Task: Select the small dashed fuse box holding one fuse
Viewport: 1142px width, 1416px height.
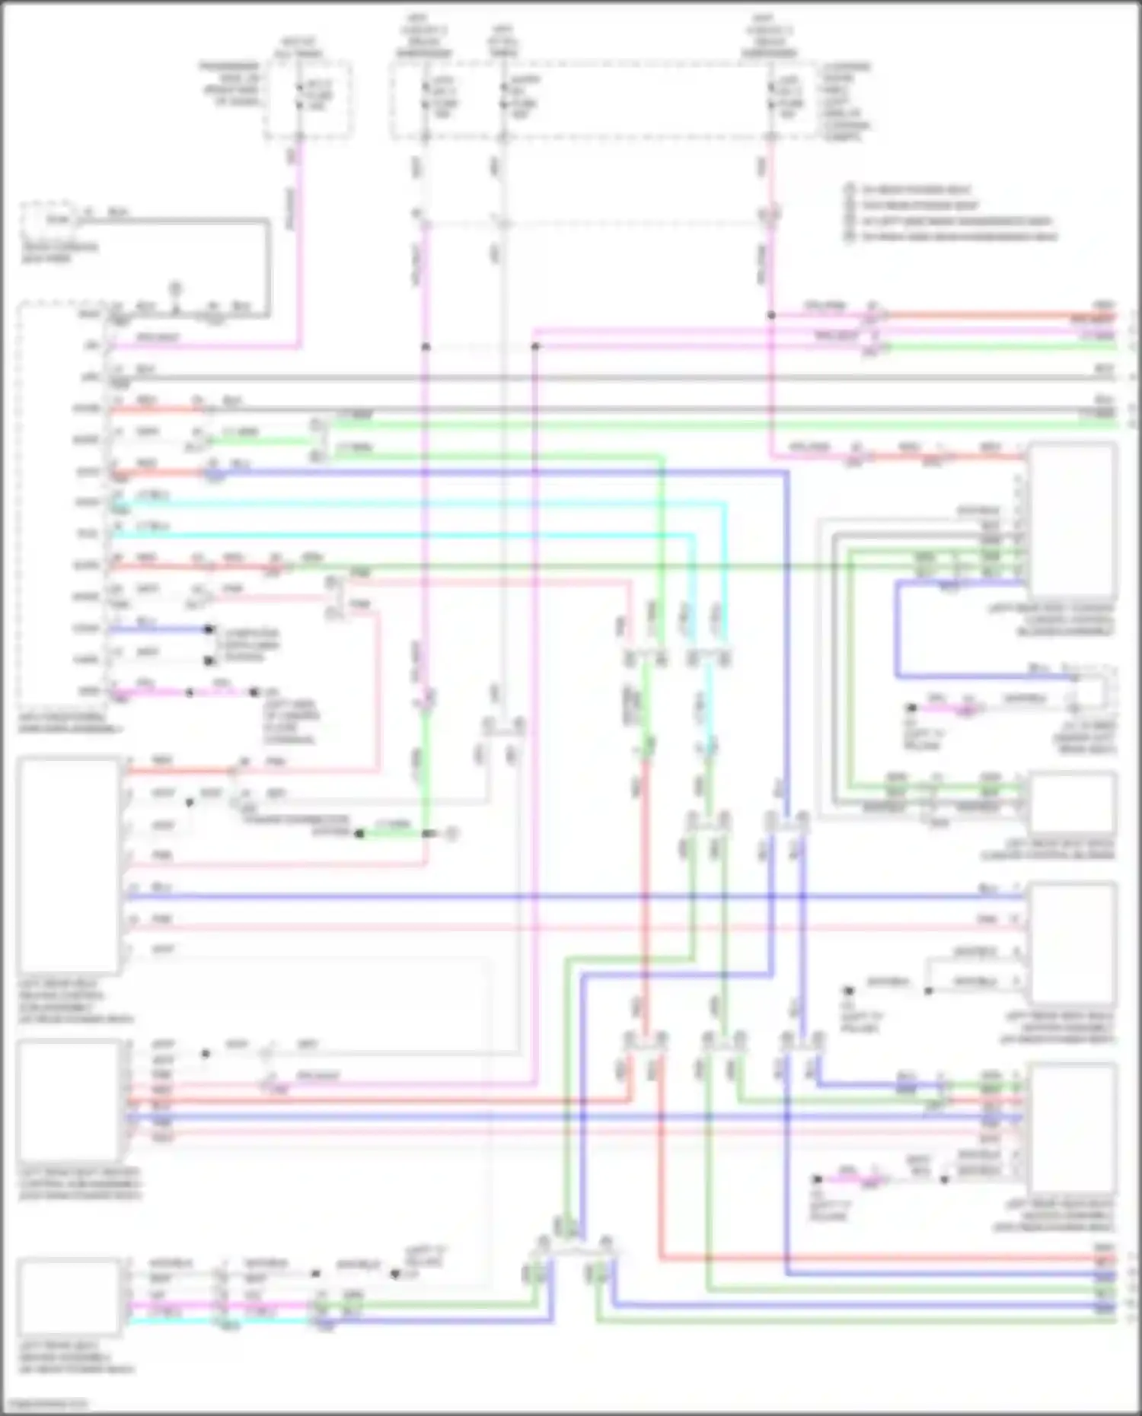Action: tap(308, 100)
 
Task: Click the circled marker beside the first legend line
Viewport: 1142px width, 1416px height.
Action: tap(849, 189)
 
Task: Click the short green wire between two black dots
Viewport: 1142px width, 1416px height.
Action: tap(393, 834)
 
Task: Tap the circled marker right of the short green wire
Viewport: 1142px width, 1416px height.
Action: tap(451, 834)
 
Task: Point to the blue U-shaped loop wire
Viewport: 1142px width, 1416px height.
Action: tap(897, 632)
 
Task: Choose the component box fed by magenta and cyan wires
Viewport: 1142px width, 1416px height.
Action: tap(69, 1297)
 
